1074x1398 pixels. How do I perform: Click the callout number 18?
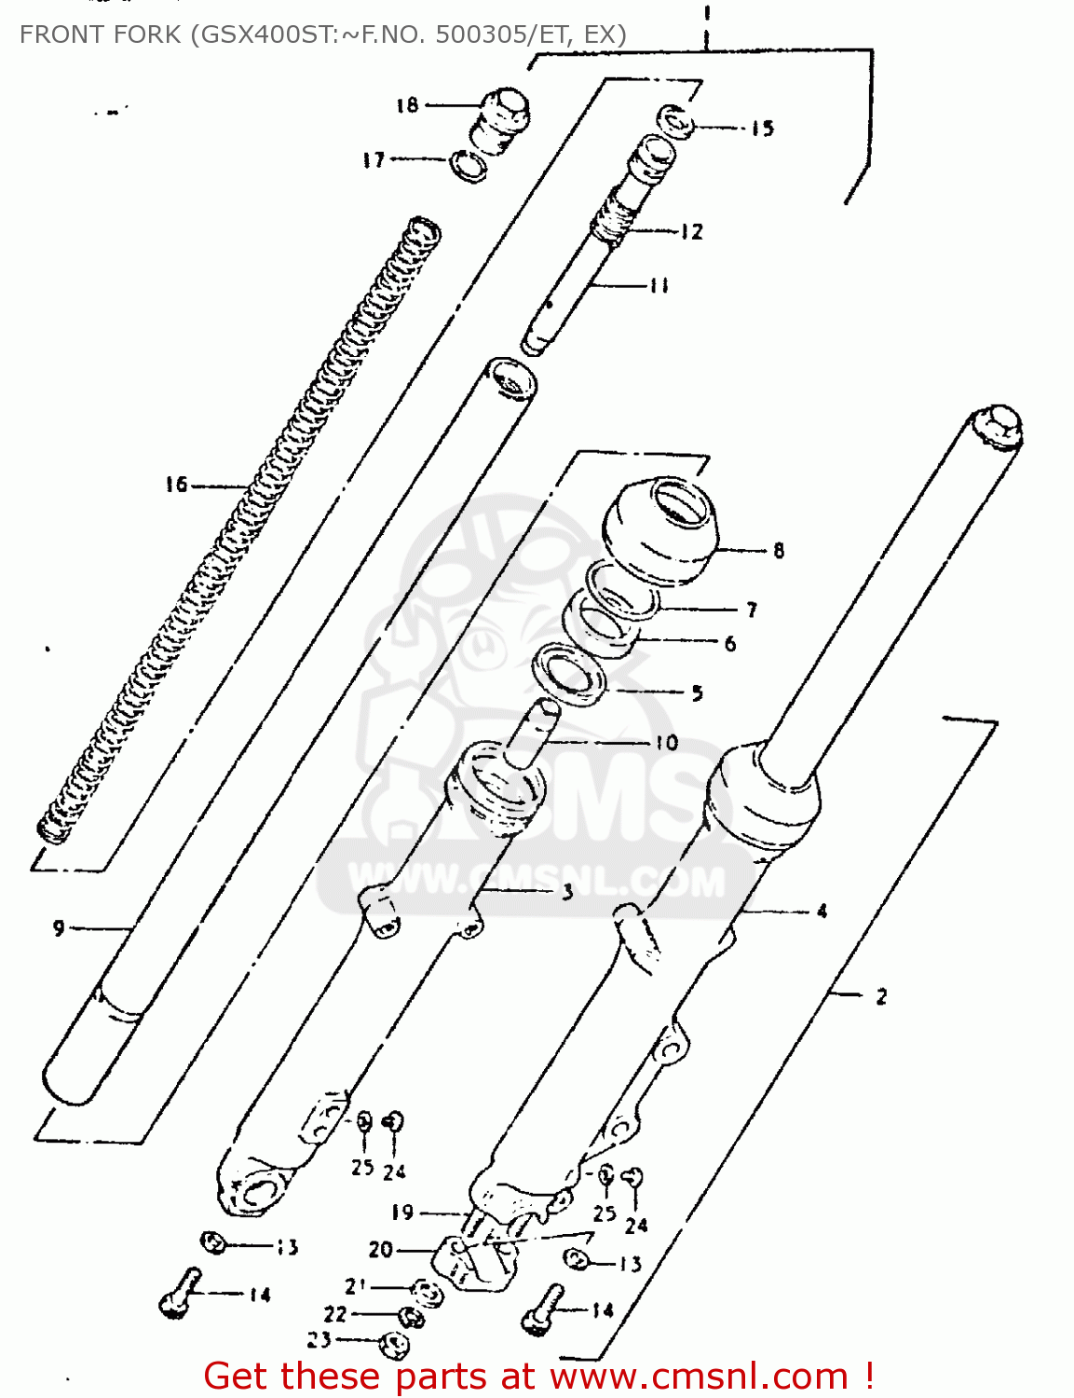point(407,105)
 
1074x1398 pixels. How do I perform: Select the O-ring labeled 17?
point(469,166)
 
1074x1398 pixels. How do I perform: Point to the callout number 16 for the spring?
point(176,485)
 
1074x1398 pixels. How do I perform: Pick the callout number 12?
point(691,232)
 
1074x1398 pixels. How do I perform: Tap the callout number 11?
point(659,286)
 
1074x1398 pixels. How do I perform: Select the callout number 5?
point(697,692)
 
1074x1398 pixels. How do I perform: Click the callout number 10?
point(665,743)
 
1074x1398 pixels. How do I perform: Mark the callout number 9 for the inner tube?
point(59,928)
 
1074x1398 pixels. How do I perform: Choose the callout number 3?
point(567,893)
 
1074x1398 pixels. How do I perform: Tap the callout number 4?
point(822,911)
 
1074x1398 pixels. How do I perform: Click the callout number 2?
point(881,996)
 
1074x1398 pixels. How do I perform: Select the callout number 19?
point(402,1213)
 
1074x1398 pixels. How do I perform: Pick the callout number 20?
point(380,1250)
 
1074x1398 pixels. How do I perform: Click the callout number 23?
point(319,1339)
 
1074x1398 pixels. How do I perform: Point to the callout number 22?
point(335,1314)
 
